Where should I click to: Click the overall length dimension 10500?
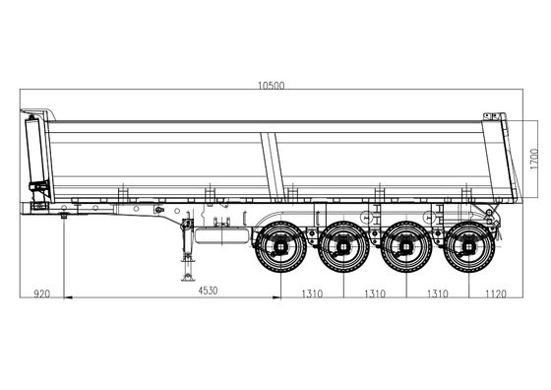pos(272,86)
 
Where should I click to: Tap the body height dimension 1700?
pos(534,159)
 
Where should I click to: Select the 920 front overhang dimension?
pos(41,293)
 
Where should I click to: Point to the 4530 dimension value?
pos(208,291)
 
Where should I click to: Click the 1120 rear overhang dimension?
pos(496,293)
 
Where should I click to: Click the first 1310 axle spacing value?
pos(313,293)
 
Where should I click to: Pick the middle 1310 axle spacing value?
pos(375,293)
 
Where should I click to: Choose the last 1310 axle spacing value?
pos(438,293)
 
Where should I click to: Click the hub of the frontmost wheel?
pos(280,247)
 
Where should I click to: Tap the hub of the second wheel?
pos(343,247)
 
